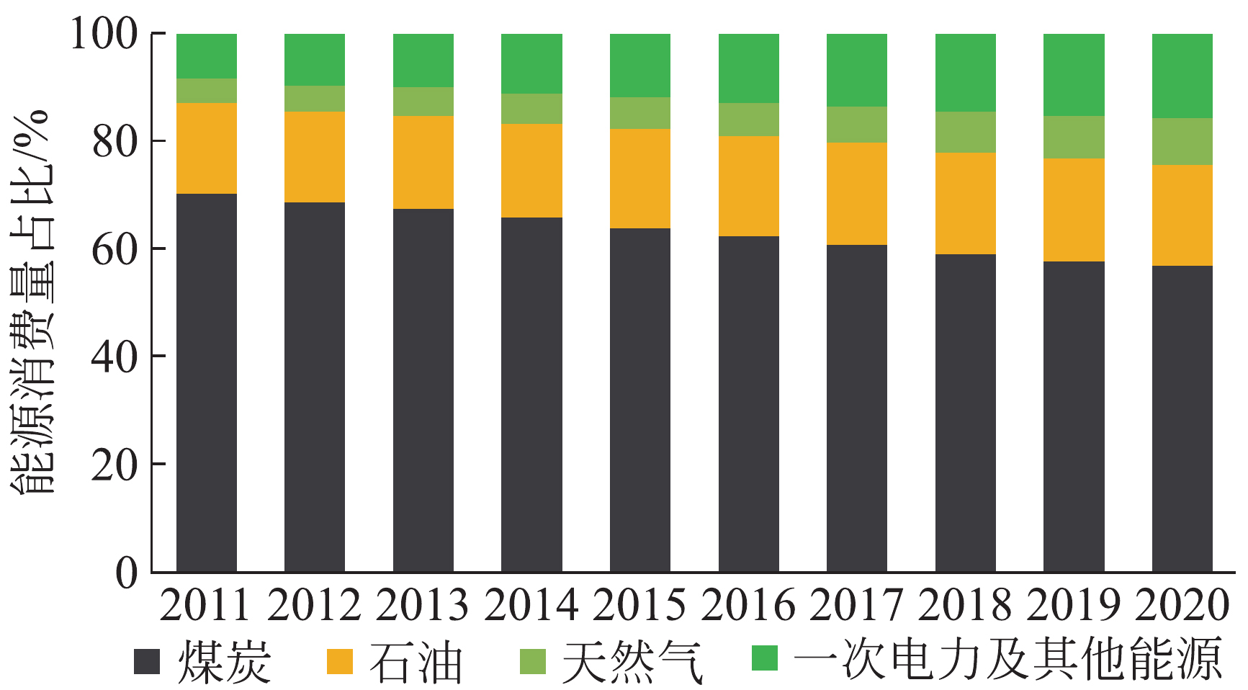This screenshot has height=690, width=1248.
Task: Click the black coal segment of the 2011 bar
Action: coord(207,382)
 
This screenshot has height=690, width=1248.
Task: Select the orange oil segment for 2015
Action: coord(640,179)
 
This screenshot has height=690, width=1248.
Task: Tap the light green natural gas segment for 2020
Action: coord(1182,141)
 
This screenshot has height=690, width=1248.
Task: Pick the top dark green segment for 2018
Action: coord(966,72)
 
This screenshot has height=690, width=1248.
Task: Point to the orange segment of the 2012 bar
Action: coord(315,156)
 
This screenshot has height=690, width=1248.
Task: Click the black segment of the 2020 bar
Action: coord(1182,418)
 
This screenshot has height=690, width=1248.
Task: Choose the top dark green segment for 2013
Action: coord(423,61)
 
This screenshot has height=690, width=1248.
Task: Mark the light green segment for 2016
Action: coord(749,120)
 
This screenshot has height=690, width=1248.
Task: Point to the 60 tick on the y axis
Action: coord(115,249)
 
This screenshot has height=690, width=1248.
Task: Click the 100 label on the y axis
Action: coord(104,34)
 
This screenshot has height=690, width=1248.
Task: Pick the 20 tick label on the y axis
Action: coord(115,465)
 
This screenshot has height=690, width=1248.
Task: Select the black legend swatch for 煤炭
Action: coord(147,660)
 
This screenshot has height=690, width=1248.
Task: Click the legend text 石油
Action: coord(416,660)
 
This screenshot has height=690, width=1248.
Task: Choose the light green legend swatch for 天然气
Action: coord(533,660)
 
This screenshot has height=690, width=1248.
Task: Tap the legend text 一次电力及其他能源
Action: coord(1008,659)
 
